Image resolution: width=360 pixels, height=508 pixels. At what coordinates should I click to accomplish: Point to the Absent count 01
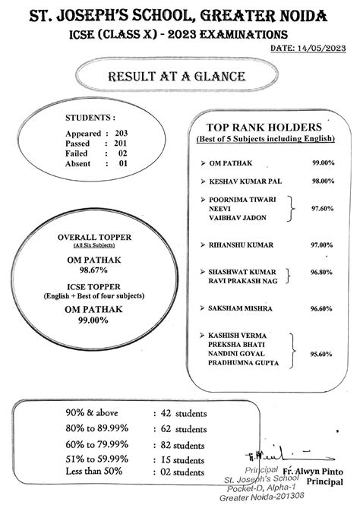[x=122, y=162]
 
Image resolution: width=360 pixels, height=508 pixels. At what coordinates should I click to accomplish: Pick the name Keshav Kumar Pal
[x=240, y=181]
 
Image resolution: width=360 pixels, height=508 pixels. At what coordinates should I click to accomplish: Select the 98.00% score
[x=322, y=181]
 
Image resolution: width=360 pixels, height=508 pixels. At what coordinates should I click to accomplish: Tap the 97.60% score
[x=322, y=207]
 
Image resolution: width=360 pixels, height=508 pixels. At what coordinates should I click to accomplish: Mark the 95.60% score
[x=322, y=354]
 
